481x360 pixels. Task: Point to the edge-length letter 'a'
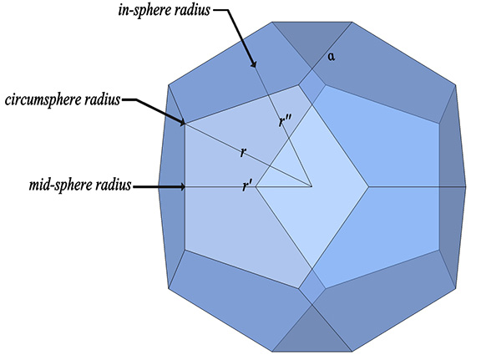pos(332,56)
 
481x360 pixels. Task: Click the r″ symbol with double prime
pos(286,123)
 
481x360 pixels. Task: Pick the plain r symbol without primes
pos(242,153)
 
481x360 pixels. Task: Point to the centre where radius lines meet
pos(312,186)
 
